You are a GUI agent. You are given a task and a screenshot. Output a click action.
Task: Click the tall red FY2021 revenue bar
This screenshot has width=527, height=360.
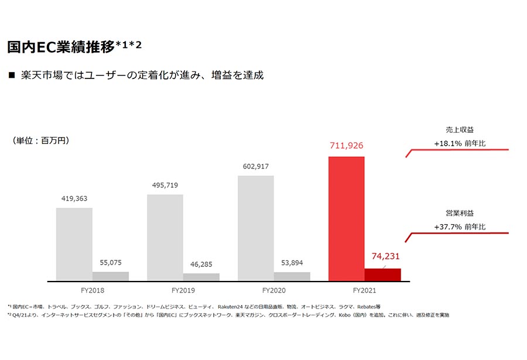(347, 219)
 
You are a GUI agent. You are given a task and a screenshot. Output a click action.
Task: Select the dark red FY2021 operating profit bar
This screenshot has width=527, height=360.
(383, 275)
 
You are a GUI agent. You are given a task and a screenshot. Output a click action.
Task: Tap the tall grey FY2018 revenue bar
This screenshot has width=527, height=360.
(74, 244)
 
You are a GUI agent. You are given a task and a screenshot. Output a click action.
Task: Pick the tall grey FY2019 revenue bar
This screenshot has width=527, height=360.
(165, 238)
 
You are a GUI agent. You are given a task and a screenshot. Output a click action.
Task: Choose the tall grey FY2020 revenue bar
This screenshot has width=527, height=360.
(256, 228)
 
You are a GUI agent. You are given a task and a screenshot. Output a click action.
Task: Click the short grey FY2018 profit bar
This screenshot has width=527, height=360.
(111, 276)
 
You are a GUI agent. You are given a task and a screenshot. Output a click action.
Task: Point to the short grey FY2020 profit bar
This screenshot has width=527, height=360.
(292, 277)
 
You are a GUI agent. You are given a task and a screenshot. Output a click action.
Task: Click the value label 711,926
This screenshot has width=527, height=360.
(347, 146)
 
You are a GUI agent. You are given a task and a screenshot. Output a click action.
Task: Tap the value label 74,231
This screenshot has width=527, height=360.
(385, 256)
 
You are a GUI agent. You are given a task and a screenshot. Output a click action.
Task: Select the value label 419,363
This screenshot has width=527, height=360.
(74, 198)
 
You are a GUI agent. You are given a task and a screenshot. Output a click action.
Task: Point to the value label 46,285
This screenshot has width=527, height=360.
(201, 265)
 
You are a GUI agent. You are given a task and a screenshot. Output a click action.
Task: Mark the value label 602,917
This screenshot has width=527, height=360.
(256, 166)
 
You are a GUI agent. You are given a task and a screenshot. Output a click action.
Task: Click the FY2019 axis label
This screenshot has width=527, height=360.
(183, 290)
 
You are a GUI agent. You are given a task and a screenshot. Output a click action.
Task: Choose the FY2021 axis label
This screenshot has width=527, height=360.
(365, 290)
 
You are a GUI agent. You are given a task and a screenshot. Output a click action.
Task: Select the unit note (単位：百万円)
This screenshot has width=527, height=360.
(40, 140)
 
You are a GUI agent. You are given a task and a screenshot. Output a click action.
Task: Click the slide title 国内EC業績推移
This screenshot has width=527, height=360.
(61, 47)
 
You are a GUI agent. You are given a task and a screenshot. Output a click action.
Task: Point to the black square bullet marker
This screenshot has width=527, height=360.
(12, 75)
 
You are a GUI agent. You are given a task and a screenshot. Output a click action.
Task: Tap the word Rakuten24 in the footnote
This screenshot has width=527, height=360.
(230, 307)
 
